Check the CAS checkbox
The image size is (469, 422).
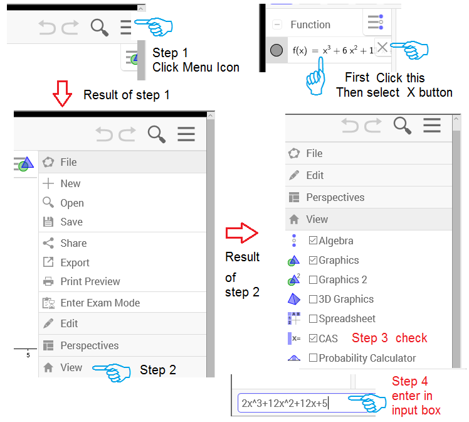313,338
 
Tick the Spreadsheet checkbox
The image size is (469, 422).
313,318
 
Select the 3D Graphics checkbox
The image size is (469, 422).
313,299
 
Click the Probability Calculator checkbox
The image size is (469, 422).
313,358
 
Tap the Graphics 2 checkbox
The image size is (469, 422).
313,279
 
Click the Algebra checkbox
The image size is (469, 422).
313,241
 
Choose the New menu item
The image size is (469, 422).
70,183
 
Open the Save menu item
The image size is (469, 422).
71,222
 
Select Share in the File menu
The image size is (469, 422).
73,243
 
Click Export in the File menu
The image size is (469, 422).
75,262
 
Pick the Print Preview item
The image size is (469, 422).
90,281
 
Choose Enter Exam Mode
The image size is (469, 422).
100,303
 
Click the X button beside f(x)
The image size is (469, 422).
382,47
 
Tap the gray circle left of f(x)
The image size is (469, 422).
277,50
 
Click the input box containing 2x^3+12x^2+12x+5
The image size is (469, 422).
305,403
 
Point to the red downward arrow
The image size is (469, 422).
62,94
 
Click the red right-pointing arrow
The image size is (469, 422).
241,233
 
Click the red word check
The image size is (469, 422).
411,338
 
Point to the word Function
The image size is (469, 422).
310,24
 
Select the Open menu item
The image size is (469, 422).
72,203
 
